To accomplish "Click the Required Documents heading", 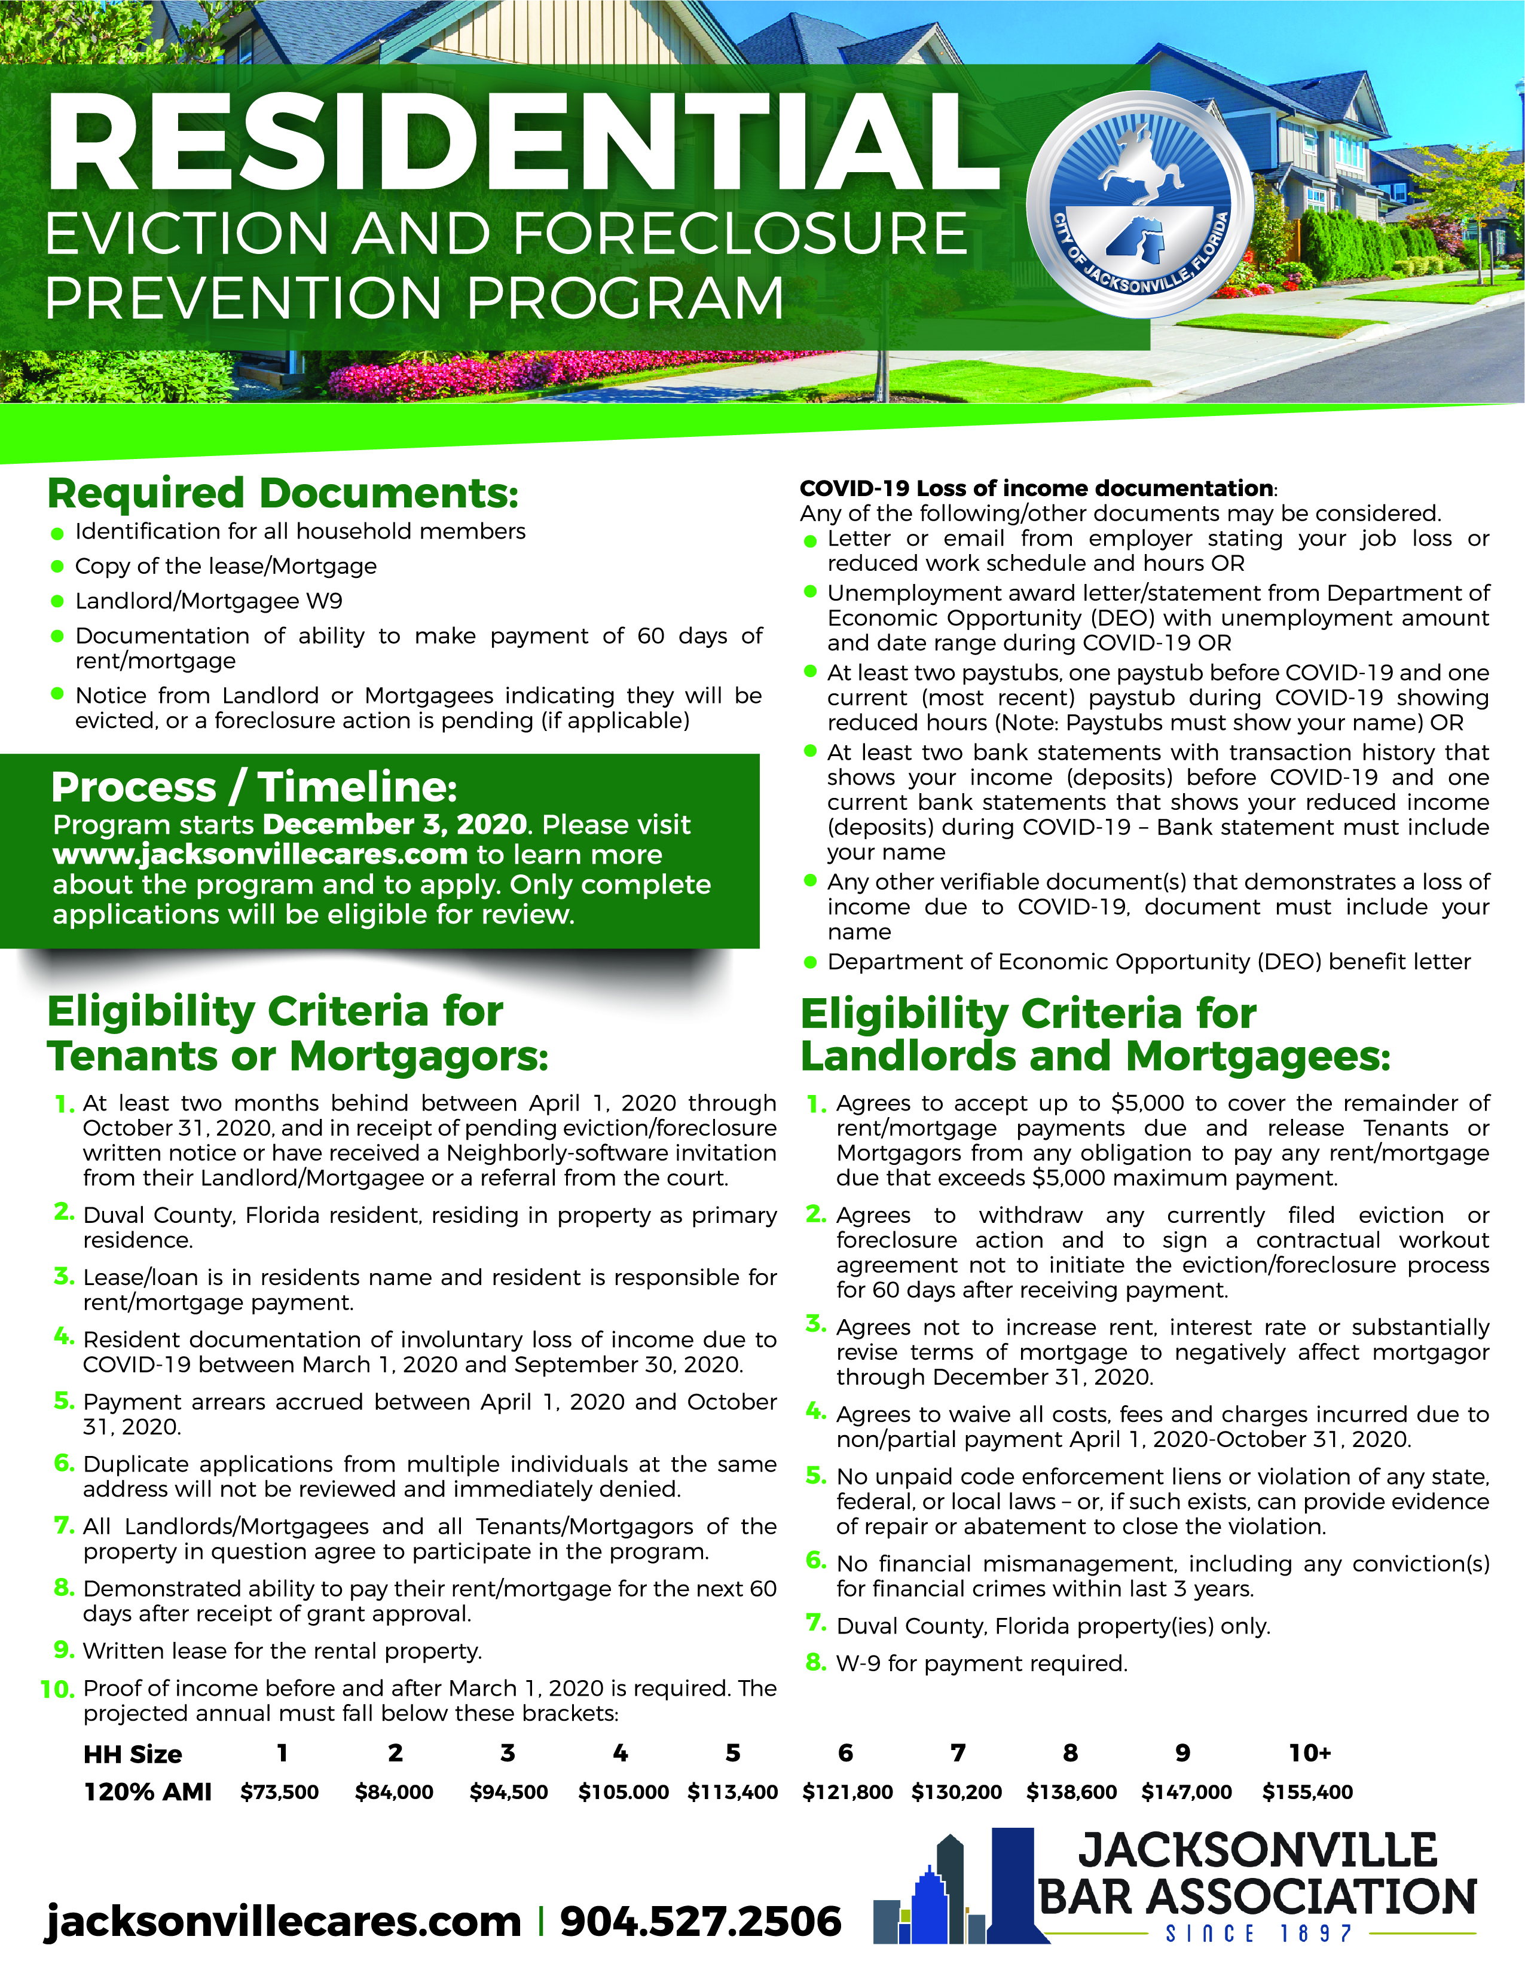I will (283, 493).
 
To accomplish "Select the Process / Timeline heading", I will (254, 787).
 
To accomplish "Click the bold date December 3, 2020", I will (395, 825).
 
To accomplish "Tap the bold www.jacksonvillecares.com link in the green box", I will (260, 855).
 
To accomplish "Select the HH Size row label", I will (133, 1754).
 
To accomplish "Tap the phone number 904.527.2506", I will (700, 1920).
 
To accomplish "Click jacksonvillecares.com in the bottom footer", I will (283, 1920).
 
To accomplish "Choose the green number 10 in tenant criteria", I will (58, 1689).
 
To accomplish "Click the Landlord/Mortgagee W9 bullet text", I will (209, 601).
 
